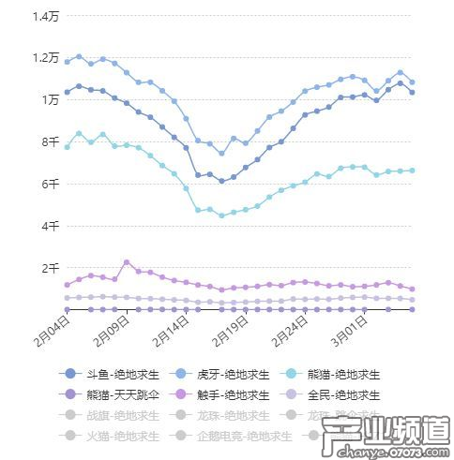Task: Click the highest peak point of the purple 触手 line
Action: coord(127,262)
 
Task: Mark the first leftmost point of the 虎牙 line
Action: coord(67,62)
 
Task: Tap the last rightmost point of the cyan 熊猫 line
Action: coord(412,171)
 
